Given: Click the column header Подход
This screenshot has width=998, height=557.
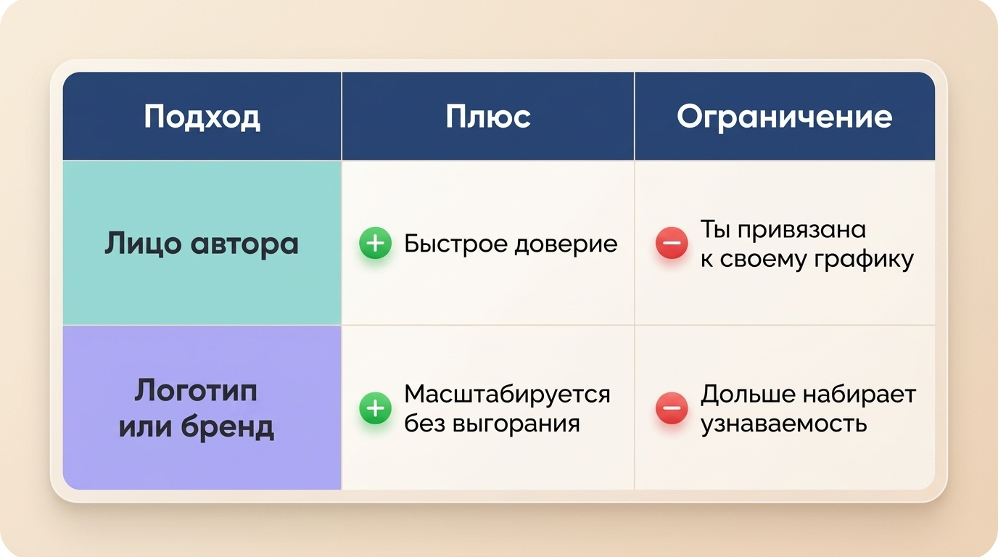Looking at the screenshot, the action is (202, 117).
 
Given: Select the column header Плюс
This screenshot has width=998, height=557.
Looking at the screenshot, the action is (488, 117).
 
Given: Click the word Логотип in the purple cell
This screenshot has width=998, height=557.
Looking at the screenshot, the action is (196, 392).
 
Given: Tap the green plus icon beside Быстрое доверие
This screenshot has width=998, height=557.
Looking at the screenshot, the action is (375, 243).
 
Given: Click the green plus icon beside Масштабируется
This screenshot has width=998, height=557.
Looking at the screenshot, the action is (375, 408).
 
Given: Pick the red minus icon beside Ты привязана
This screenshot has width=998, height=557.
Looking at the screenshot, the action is (672, 243).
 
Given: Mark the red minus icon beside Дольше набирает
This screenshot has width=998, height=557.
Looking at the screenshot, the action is (672, 408).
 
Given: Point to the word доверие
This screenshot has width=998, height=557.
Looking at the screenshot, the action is (566, 244).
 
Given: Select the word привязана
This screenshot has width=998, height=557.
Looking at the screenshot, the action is (801, 230).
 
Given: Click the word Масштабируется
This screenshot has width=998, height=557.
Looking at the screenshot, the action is (507, 395).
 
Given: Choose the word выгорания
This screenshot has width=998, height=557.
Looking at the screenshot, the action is (516, 424).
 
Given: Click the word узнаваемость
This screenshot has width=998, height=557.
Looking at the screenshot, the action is (784, 424).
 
